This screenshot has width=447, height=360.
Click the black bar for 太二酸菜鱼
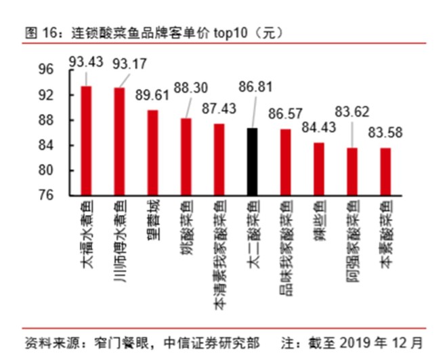click(252, 161)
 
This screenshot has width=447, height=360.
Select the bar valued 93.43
click(86, 141)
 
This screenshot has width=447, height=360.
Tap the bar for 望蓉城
click(152, 153)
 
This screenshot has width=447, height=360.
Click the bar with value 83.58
click(385, 172)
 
